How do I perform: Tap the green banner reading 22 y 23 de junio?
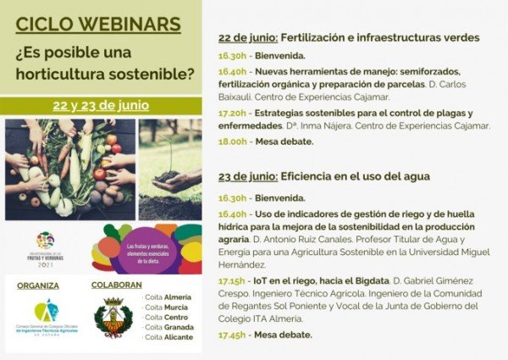[101, 106]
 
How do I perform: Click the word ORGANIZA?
[38, 285]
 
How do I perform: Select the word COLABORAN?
[116, 285]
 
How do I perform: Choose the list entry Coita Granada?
[168, 327]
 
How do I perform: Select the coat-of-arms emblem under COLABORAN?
[113, 318]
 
